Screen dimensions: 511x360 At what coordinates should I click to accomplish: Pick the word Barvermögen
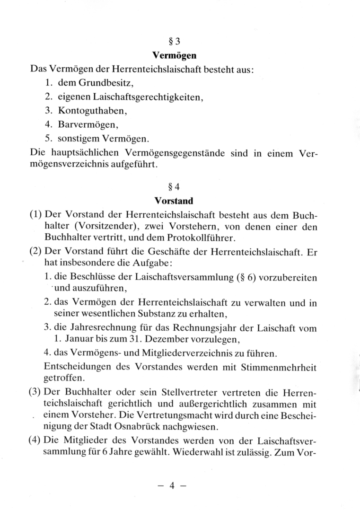pyautogui.click(x=88, y=125)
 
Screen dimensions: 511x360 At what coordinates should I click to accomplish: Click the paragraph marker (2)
pyautogui.click(x=37, y=252)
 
